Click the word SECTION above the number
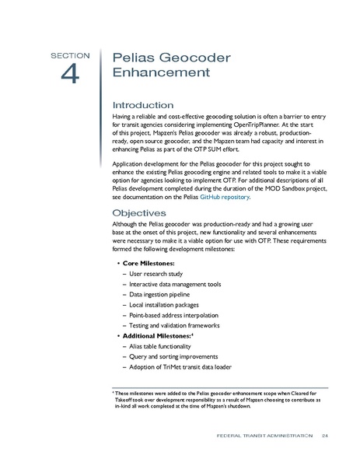(x=71, y=56)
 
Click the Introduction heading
(x=143, y=105)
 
